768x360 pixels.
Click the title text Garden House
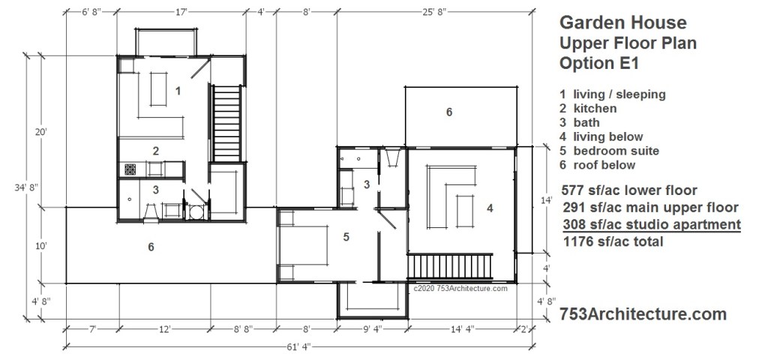coord(623,22)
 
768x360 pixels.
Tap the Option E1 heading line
coord(599,63)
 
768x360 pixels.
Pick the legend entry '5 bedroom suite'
coord(609,151)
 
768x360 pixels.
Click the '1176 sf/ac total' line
coord(613,241)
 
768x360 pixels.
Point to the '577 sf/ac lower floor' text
coord(629,190)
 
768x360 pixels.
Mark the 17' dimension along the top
coord(181,12)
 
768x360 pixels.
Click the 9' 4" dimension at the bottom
coord(372,329)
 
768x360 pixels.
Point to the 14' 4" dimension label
coord(462,329)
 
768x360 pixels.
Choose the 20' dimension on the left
coord(40,131)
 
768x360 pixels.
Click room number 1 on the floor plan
coord(178,91)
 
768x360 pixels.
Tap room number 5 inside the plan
coord(346,237)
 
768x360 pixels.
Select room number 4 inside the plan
coord(490,208)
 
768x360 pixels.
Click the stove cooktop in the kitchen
coord(130,169)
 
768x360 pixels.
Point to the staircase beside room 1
coord(226,124)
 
